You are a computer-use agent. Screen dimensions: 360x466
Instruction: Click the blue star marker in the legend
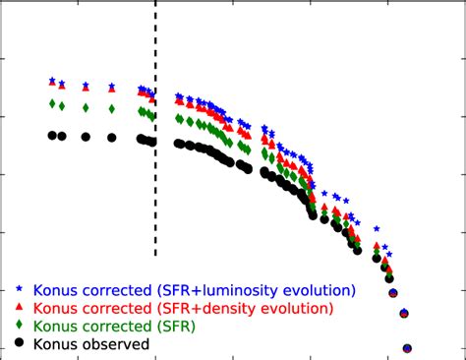pyautogui.click(x=19, y=289)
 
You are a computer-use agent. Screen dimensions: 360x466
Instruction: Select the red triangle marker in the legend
pyautogui.click(x=19, y=308)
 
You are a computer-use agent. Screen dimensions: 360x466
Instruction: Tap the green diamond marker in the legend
pyautogui.click(x=19, y=326)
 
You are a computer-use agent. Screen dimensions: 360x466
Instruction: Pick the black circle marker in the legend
pyautogui.click(x=19, y=343)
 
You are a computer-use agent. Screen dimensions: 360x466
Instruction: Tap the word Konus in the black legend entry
pyautogui.click(x=55, y=344)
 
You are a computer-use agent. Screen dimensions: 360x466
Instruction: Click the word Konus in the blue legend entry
pyautogui.click(x=55, y=290)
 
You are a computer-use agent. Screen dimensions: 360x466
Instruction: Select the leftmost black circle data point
pyautogui.click(x=52, y=136)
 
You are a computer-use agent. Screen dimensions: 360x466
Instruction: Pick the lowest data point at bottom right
pyautogui.click(x=407, y=348)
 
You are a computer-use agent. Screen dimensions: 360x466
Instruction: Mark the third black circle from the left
pyautogui.click(x=87, y=138)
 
